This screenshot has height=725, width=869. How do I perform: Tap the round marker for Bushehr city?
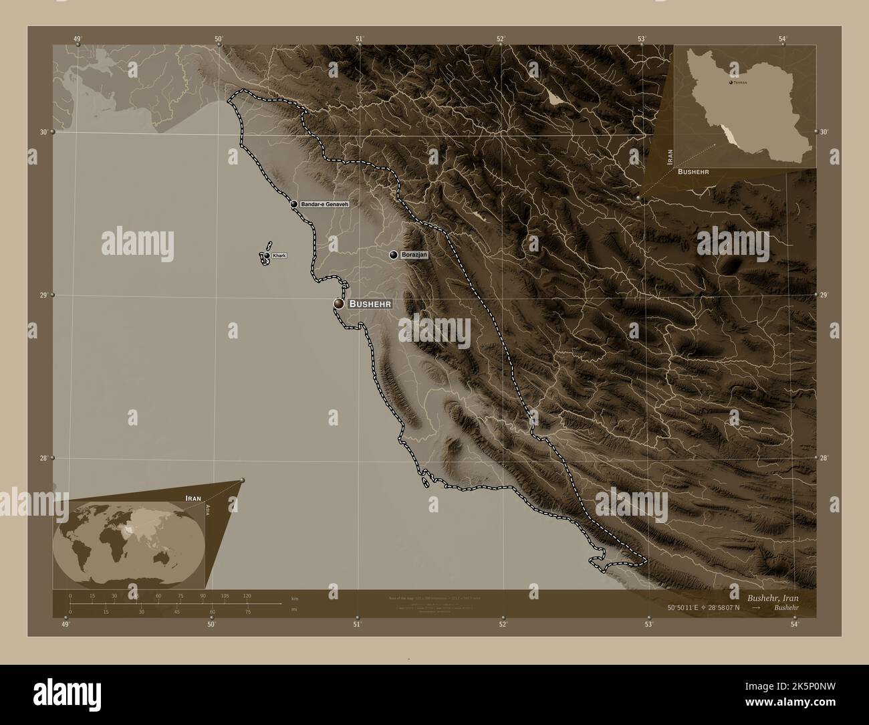pyautogui.click(x=340, y=304)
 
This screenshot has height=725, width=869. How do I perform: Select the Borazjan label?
pyautogui.click(x=414, y=255)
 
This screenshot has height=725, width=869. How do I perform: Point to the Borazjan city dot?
pyautogui.click(x=394, y=255)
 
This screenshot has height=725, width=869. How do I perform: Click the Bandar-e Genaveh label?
pyautogui.click(x=325, y=203)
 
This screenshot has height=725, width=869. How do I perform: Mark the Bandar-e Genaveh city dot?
pyautogui.click(x=293, y=203)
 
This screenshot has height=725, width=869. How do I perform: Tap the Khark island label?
pyautogui.click(x=279, y=255)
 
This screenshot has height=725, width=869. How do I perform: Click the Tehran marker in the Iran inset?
pyautogui.click(x=730, y=82)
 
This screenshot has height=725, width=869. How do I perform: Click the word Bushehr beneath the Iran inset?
pyautogui.click(x=693, y=172)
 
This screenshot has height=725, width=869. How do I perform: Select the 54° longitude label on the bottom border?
pyautogui.click(x=793, y=625)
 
